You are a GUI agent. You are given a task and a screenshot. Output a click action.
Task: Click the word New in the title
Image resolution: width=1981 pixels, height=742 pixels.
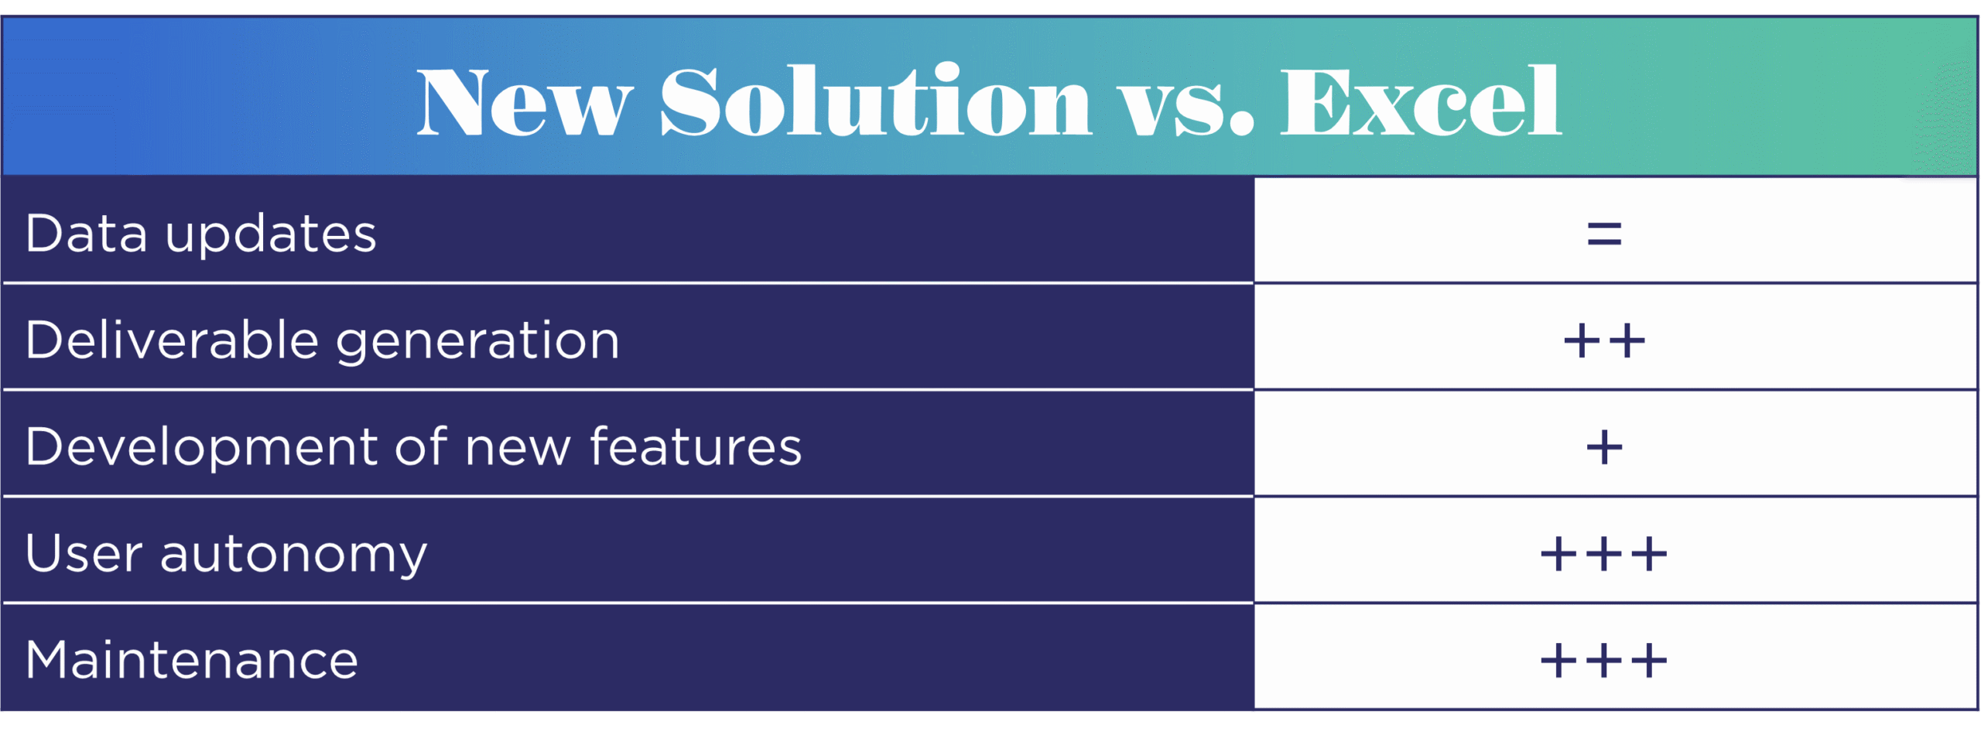pos(524,103)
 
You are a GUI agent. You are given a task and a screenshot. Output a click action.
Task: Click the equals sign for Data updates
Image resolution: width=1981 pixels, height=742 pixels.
pos(1604,233)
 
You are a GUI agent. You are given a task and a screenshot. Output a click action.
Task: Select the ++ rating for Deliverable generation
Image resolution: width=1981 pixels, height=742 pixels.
pos(1604,340)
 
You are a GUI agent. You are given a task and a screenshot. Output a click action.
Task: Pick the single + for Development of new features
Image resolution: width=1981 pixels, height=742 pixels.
pos(1604,447)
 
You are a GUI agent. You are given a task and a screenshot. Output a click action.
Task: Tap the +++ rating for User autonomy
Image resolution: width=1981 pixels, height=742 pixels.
pos(1604,554)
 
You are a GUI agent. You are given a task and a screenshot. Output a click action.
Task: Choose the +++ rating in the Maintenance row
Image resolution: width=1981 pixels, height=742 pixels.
pos(1604,661)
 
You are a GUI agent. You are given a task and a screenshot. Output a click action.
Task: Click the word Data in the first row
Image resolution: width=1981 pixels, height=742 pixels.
pos(86,233)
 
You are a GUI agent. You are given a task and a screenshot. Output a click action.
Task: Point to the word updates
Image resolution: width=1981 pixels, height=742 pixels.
pos(271,234)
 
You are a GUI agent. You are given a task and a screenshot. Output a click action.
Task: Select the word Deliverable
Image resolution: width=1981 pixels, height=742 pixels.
pos(172,340)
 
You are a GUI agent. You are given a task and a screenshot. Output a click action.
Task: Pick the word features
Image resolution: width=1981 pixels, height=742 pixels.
pos(696,446)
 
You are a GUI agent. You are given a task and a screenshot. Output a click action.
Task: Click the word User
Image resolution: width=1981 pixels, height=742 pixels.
pos(84,553)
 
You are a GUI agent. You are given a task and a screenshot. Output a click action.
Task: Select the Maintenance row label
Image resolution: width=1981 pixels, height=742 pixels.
pos(191,660)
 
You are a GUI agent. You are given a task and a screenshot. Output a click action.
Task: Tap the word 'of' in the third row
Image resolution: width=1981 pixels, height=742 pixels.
pos(420,446)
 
